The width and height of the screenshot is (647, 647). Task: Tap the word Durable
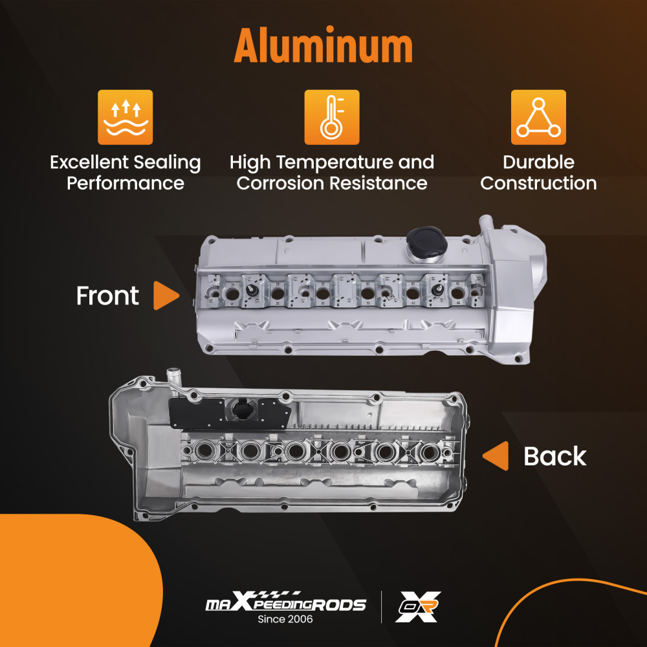pyautogui.click(x=538, y=162)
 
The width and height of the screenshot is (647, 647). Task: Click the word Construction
pyautogui.click(x=538, y=183)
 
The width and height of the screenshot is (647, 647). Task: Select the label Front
pyautogui.click(x=107, y=296)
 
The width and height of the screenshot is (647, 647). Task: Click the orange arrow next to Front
pyautogui.click(x=166, y=296)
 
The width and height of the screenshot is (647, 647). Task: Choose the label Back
pyautogui.click(x=554, y=456)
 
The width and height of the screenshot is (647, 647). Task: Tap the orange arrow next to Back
pyautogui.click(x=496, y=456)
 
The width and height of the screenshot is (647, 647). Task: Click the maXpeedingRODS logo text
pyautogui.click(x=285, y=604)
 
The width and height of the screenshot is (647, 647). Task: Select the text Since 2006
pyautogui.click(x=285, y=620)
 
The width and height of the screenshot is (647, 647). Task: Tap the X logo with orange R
pyautogui.click(x=418, y=607)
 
